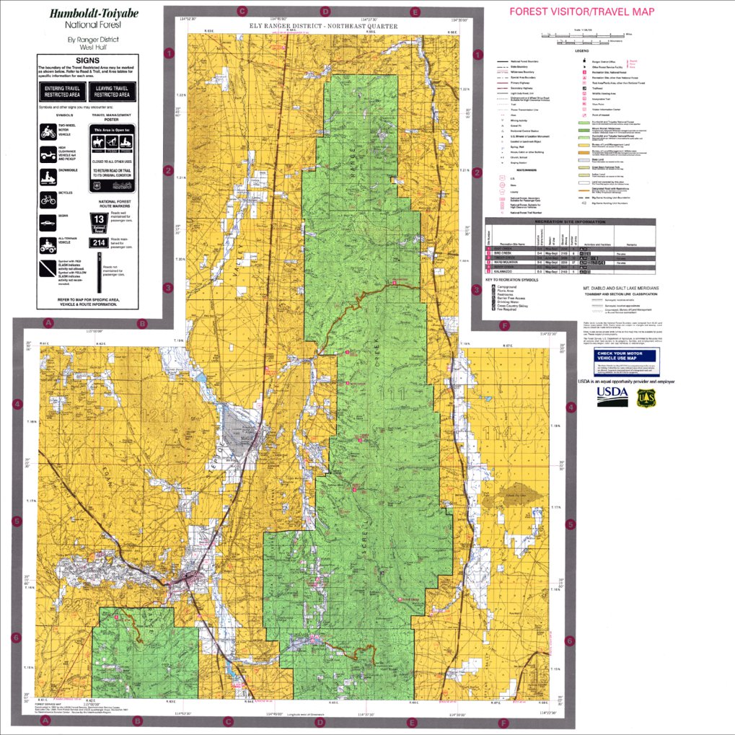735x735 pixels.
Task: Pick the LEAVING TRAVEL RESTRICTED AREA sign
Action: tap(112, 91)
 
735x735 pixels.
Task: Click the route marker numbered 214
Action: tap(98, 242)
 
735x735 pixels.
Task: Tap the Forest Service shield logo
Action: tap(645, 397)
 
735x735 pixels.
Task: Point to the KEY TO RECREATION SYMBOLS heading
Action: tap(518, 279)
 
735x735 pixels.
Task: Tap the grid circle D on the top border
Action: tap(325, 12)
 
